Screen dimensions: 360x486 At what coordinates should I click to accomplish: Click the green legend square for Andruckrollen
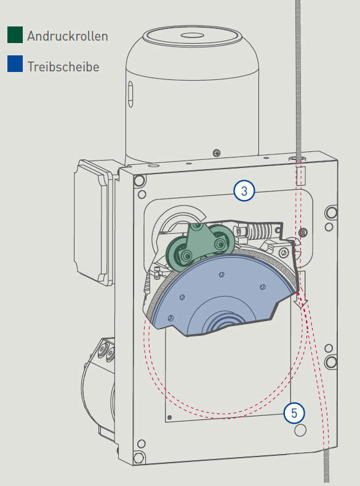pyautogui.click(x=15, y=34)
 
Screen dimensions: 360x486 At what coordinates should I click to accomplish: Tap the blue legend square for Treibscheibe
pyautogui.click(x=15, y=64)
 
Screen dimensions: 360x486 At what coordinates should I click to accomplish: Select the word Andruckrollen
pyautogui.click(x=68, y=36)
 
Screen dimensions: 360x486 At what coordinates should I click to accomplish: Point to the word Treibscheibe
pyautogui.click(x=63, y=66)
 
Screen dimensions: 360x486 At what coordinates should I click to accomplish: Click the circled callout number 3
pyautogui.click(x=244, y=191)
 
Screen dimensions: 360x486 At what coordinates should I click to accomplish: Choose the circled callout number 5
pyautogui.click(x=294, y=413)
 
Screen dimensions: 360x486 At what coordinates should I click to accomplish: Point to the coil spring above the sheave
pyautogui.click(x=260, y=230)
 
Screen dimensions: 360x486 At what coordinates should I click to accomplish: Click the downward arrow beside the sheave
pyautogui.click(x=301, y=290)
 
